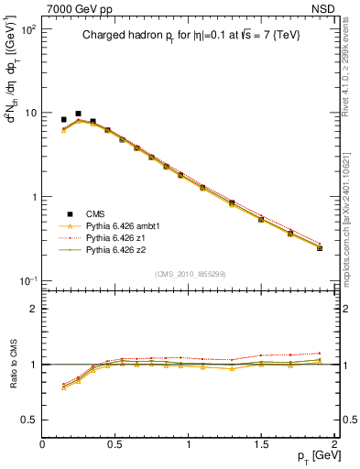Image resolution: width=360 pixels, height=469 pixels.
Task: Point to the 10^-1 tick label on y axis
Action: point(27,280)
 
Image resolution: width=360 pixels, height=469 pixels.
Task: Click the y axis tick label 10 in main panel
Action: point(29,114)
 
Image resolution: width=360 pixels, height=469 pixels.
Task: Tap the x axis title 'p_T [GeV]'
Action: point(311,456)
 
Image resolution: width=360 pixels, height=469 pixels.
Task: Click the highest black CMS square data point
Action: point(78,114)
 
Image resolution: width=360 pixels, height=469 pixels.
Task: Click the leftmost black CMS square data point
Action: point(63,119)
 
